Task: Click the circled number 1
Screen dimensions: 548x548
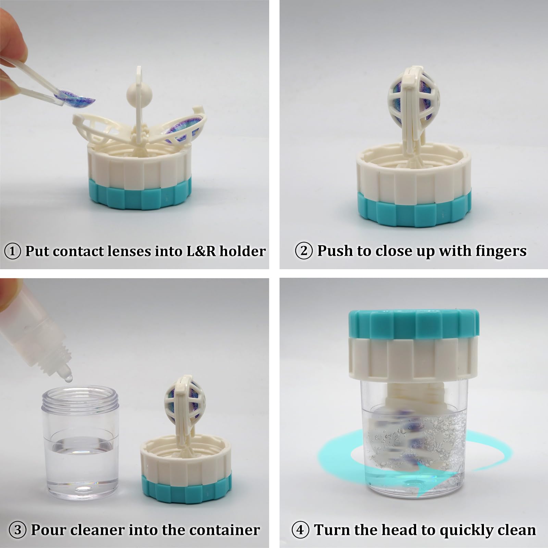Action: (x=12, y=252)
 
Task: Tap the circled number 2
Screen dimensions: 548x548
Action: (x=304, y=251)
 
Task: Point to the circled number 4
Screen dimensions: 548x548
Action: (x=300, y=530)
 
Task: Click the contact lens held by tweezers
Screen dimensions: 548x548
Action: (x=77, y=97)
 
